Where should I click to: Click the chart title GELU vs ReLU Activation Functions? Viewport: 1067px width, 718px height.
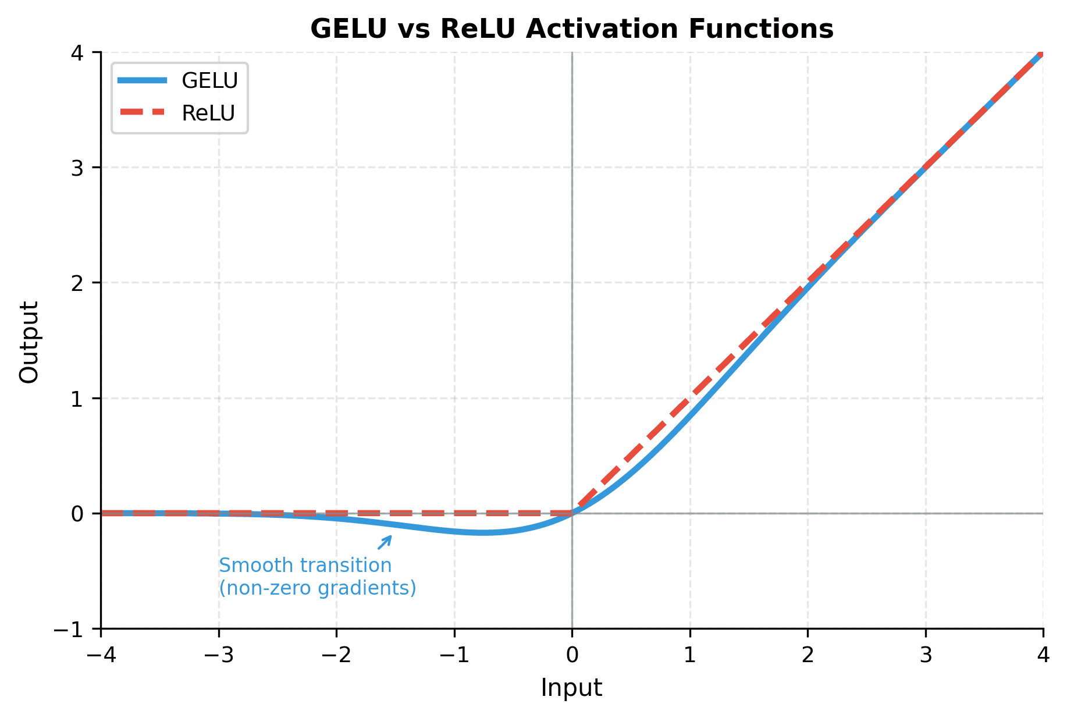[572, 29]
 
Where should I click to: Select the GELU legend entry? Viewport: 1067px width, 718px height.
[178, 81]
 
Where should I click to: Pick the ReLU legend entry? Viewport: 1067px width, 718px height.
[178, 113]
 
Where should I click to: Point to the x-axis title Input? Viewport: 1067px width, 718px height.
[571, 688]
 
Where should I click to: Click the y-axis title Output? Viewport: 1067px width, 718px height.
[29, 342]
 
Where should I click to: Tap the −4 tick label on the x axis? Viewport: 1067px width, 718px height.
[101, 655]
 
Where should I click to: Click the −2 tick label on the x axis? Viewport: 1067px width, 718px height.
[336, 655]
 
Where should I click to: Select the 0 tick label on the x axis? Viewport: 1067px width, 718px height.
[572, 655]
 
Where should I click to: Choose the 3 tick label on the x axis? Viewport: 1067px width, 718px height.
[926, 655]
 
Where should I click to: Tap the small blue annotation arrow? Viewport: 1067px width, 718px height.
[385, 542]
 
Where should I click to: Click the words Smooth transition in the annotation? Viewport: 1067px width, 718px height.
[305, 566]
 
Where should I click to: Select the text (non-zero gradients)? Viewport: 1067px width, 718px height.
[318, 588]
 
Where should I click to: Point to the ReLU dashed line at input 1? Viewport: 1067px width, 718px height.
[690, 398]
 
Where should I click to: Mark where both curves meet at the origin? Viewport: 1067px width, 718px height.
[572, 513]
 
